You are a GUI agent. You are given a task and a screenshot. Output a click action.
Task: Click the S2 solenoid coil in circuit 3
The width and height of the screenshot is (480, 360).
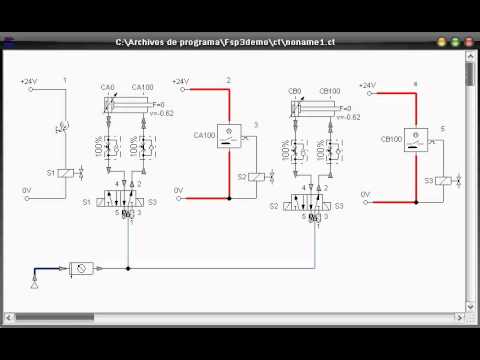(x=255, y=177)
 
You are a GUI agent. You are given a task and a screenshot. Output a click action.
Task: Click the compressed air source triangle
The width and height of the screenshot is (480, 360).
(x=36, y=286)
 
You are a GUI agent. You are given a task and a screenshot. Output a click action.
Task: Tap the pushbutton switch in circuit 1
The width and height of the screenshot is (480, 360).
(x=64, y=127)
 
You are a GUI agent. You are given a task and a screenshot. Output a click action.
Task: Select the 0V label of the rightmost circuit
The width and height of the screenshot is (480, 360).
(x=365, y=193)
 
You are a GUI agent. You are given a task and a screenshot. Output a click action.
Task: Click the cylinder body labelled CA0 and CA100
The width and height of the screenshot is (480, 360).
(x=123, y=103)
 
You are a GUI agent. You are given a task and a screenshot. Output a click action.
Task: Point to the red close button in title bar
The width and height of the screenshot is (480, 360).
(x=469, y=42)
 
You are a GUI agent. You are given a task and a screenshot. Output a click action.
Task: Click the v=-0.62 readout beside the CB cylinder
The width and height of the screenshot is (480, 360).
(x=349, y=117)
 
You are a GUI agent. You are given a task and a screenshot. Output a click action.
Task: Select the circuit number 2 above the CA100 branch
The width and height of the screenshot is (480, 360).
(x=228, y=79)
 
